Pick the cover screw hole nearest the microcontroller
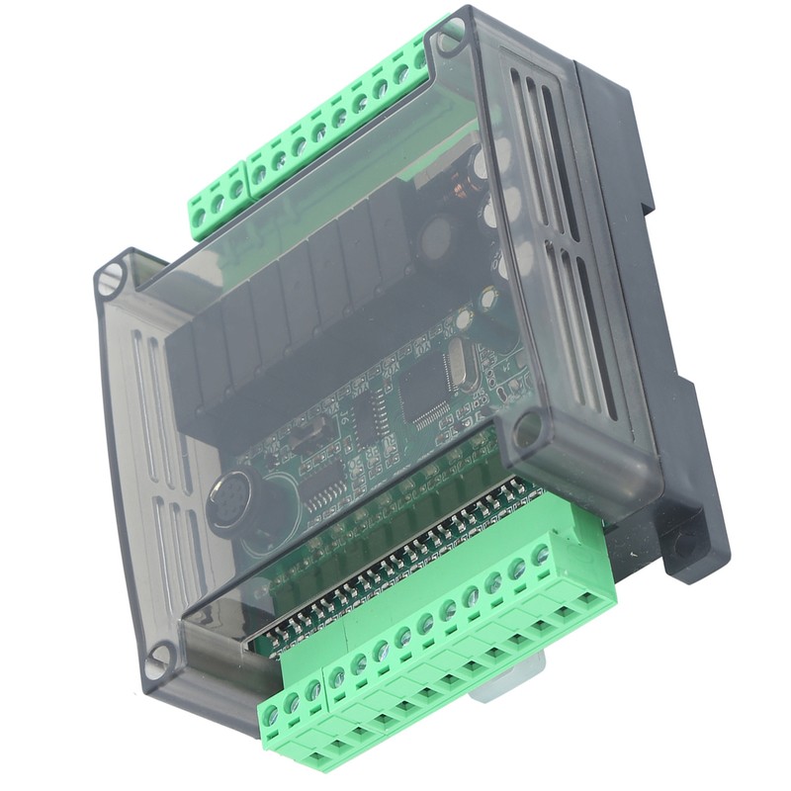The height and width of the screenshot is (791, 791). point(527,428)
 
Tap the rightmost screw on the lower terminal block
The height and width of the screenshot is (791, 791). point(541,555)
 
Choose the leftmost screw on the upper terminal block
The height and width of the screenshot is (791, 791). point(199,215)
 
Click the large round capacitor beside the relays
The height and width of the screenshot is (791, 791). point(437,237)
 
